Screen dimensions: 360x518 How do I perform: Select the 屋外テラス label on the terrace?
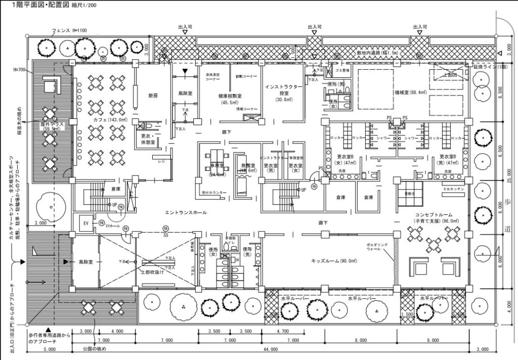coord(51,125)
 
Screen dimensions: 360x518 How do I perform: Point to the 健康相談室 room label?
coord(230,96)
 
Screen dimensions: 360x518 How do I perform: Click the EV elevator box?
coord(83,223)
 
